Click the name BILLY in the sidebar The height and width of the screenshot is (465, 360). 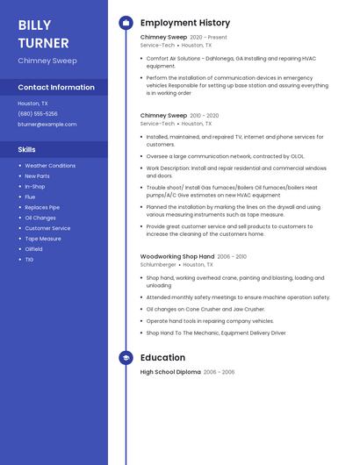point(34,25)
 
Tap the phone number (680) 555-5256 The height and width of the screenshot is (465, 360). point(38,113)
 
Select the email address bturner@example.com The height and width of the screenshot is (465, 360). point(47,124)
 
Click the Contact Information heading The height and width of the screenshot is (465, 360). point(56,87)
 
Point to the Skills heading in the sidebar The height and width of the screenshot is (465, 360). point(27,149)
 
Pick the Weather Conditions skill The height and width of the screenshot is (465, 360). point(50,165)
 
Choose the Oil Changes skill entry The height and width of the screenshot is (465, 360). point(40,218)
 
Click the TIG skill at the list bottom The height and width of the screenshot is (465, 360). point(29,260)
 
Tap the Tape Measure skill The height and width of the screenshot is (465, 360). point(43,239)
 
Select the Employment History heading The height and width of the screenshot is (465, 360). point(185,23)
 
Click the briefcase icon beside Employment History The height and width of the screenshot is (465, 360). point(126,23)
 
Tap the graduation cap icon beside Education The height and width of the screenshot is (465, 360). point(126,358)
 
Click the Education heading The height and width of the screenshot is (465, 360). point(162,358)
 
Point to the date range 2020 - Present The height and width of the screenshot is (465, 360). point(208,38)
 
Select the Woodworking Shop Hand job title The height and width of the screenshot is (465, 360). point(177,256)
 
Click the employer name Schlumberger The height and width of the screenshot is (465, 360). point(158,264)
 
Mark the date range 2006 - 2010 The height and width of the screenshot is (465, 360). point(232,256)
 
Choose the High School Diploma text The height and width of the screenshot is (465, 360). point(170,372)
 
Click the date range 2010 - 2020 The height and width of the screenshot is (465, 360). point(204,115)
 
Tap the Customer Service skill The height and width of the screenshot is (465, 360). point(47,228)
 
